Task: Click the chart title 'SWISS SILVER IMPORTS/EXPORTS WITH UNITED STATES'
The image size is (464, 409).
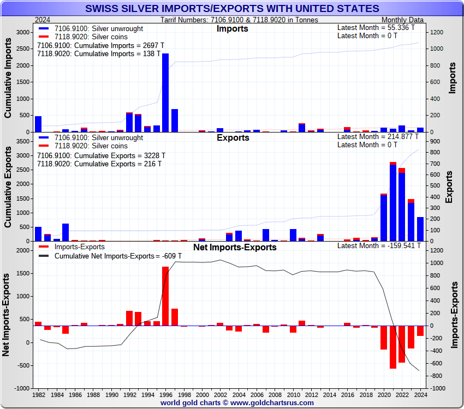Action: [x=232, y=9]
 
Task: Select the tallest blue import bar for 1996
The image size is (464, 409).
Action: [x=165, y=93]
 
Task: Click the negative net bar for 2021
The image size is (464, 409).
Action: [x=393, y=347]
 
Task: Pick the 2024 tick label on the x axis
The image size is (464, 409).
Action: [x=420, y=394]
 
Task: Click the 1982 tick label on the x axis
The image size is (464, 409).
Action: [x=39, y=394]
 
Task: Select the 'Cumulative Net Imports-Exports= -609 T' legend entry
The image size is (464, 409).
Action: [x=109, y=256]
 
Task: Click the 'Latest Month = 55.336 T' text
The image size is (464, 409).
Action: [x=376, y=27]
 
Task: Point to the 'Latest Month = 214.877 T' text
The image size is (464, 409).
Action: [x=378, y=137]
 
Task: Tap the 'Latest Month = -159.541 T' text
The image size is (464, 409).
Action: [x=379, y=246]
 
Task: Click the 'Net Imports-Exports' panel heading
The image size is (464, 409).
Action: [x=235, y=248]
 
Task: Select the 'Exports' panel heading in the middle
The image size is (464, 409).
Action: [x=233, y=138]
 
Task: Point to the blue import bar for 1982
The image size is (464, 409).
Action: [x=38, y=124]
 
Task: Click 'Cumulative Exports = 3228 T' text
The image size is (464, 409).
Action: [x=101, y=155]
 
